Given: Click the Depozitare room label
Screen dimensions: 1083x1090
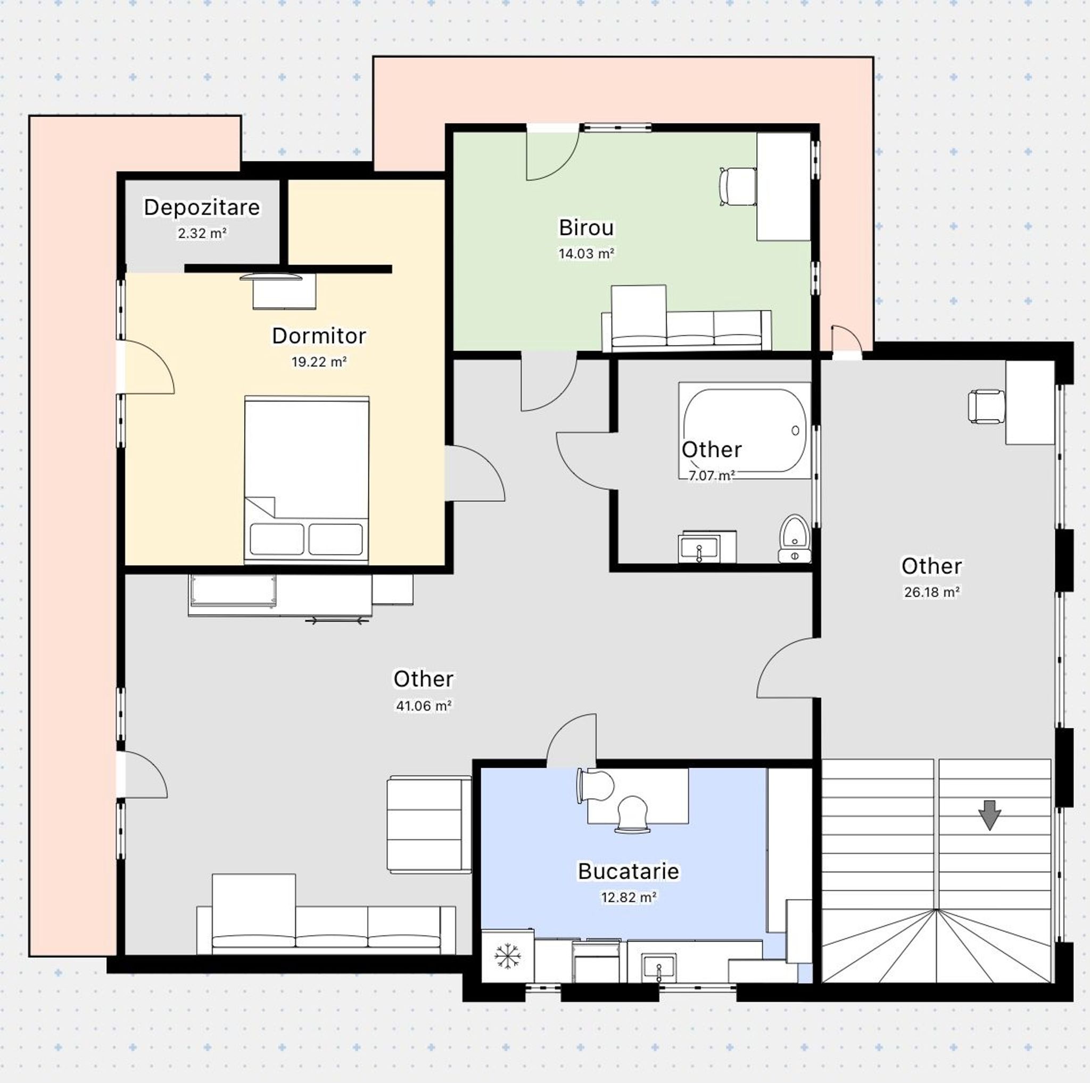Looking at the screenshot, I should point(201,208).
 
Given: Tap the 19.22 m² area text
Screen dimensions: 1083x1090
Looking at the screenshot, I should point(319,362).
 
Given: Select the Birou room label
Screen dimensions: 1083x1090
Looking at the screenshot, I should point(586,227).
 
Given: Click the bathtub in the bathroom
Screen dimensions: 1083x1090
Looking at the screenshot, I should point(744,430).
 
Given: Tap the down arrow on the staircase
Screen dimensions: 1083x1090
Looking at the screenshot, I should point(989,816).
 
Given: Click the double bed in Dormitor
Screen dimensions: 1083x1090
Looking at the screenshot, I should point(307,480).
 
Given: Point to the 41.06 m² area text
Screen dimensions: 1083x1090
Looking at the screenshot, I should point(423,705).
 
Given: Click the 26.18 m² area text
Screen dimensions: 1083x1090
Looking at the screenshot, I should point(931,592).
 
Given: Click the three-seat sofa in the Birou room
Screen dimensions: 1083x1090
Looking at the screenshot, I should point(686,330).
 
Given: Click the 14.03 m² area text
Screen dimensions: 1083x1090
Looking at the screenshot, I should point(586,254).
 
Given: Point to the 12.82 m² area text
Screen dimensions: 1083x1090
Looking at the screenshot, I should point(628,897).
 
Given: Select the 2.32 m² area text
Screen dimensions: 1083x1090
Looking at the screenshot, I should point(201,233).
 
